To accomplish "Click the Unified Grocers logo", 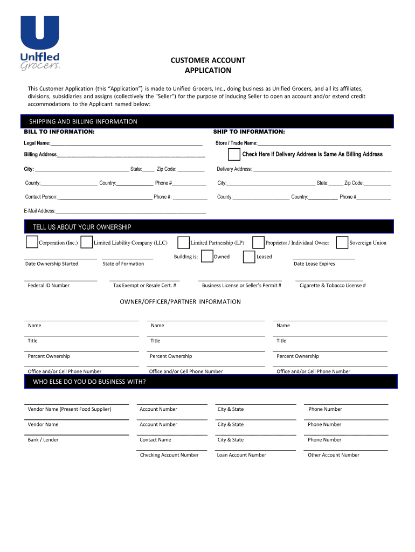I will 40,43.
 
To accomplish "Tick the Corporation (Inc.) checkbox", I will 32,243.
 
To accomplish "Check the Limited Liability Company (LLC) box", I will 87,243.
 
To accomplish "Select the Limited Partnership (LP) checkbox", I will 184,243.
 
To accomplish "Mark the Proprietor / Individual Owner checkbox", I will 258,243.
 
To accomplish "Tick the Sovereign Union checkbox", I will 342,243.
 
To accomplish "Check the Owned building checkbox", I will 207,257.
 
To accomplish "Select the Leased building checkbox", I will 249,257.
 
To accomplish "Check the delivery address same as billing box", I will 234,155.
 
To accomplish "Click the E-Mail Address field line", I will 131,212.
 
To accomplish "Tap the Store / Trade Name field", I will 324,144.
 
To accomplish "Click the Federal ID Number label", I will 49,285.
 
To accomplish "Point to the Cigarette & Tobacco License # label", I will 333,285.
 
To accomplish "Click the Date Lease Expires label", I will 314,264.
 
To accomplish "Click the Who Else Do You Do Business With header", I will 89,382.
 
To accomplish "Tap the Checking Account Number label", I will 169,455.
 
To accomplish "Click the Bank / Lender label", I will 43,440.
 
